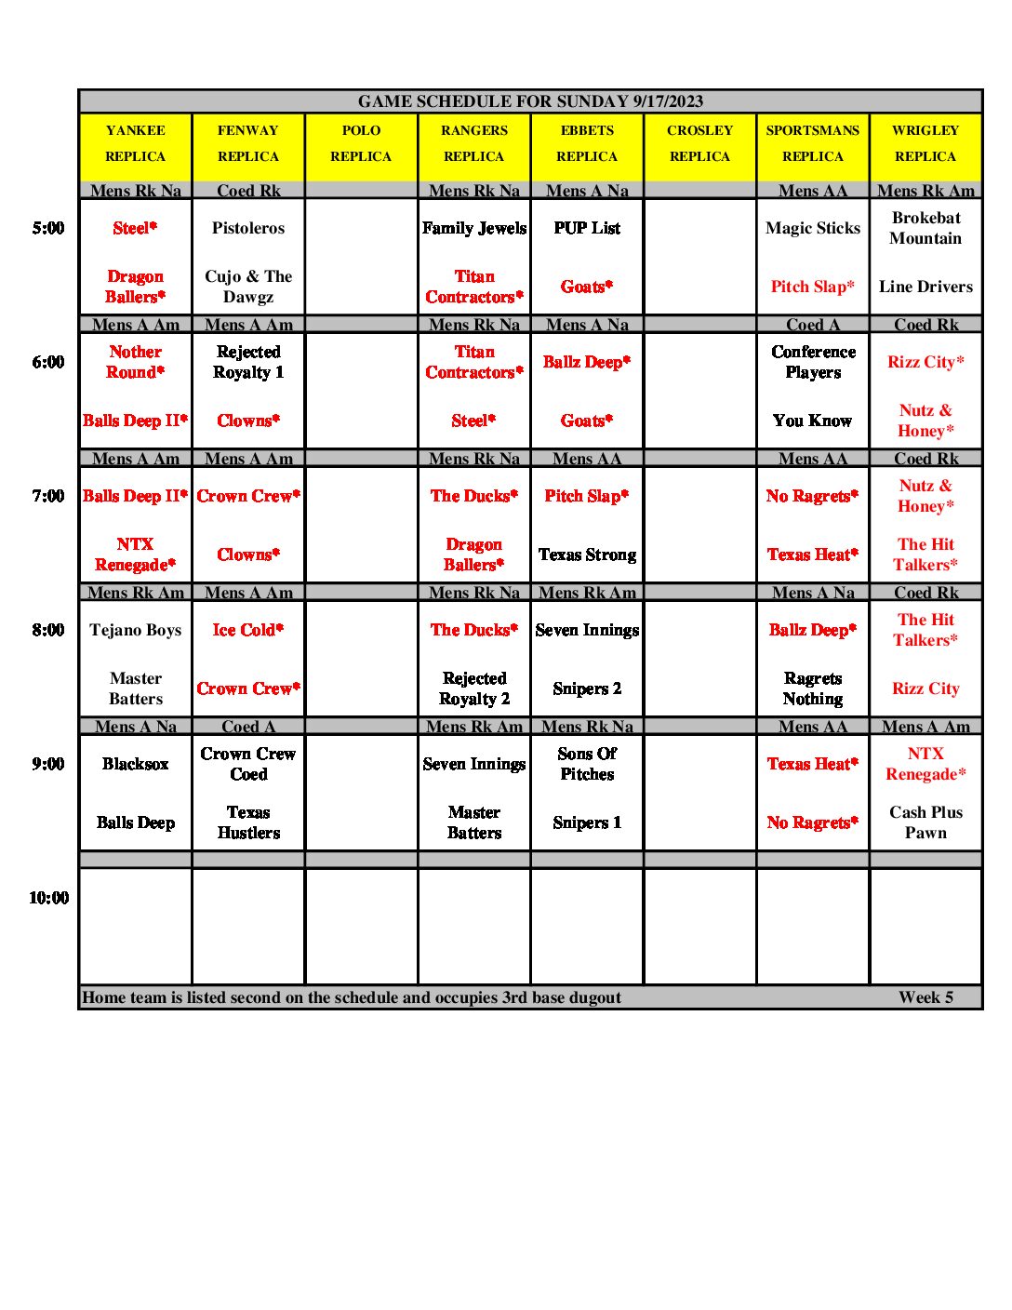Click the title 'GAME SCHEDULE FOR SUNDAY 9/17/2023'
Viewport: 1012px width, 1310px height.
pyautogui.click(x=530, y=101)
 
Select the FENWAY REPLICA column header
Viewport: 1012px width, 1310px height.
pyautogui.click(x=248, y=143)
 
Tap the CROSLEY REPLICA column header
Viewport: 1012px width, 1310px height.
pyautogui.click(x=699, y=143)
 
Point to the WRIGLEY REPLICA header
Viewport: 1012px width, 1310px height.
pyautogui.click(x=925, y=143)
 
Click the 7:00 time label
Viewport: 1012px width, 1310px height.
pyautogui.click(x=48, y=496)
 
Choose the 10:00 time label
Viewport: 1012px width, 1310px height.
pyautogui.click(x=48, y=898)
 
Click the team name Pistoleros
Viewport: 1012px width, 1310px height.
pyautogui.click(x=248, y=228)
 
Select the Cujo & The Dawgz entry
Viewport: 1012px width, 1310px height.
pyautogui.click(x=248, y=287)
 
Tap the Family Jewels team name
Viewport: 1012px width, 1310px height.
pyautogui.click(x=474, y=228)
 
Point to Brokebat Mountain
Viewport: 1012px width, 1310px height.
pyautogui.click(x=925, y=228)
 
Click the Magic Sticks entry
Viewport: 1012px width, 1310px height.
pyautogui.click(x=813, y=228)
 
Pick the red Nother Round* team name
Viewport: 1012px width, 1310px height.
pyautogui.click(x=136, y=362)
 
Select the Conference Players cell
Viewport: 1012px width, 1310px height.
pyautogui.click(x=813, y=362)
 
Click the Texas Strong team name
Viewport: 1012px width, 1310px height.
pyautogui.click(x=587, y=555)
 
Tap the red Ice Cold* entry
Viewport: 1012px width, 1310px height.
pyautogui.click(x=247, y=630)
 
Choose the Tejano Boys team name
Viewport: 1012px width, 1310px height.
pyautogui.click(x=136, y=630)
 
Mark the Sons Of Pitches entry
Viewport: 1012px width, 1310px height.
pyautogui.click(x=587, y=764)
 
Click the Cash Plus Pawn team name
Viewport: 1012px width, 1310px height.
pyautogui.click(x=925, y=822)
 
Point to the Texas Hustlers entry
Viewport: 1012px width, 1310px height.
pyautogui.click(x=248, y=822)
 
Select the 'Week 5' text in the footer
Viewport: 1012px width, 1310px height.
pyautogui.click(x=925, y=997)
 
